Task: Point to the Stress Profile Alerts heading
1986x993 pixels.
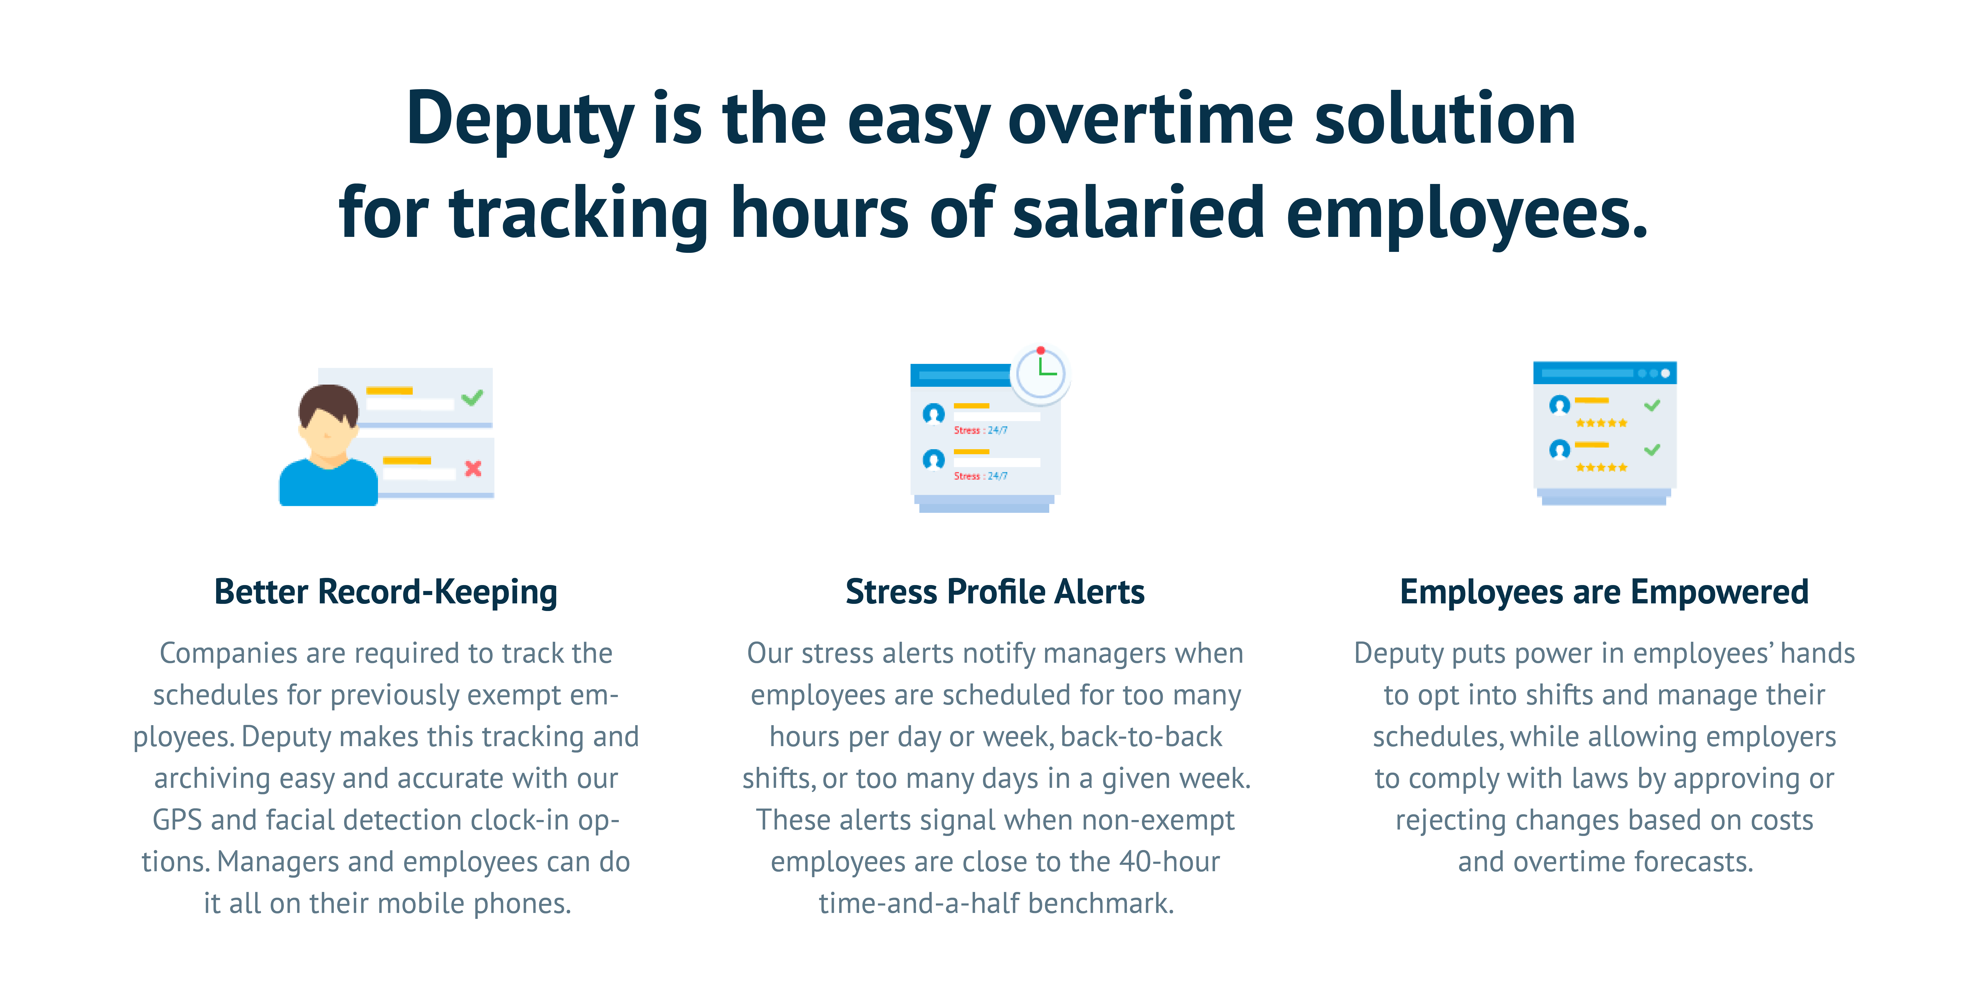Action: click(x=994, y=592)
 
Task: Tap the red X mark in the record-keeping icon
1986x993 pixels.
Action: click(x=473, y=468)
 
